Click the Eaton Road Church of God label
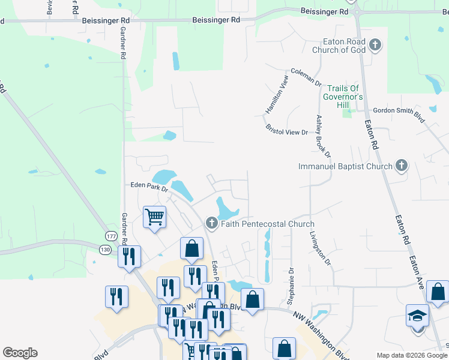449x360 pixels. pos(339,46)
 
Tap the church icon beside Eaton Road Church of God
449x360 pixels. pos(375,45)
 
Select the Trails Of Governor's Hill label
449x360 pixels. pos(343,97)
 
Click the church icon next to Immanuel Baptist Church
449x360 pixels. pos(402,166)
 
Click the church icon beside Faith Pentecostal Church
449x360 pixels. pos(211,224)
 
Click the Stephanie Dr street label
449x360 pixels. pos(292,286)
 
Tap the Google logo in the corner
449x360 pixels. pos(20,352)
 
